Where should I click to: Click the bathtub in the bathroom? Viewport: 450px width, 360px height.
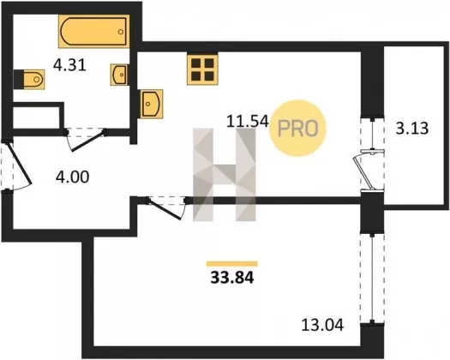pos(93,32)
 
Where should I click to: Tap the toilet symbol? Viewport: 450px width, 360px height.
pos(33,79)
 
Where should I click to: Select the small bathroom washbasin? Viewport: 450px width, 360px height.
pos(119,75)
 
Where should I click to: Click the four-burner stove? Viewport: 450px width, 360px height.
pos(202,69)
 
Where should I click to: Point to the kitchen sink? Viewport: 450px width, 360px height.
pos(152,104)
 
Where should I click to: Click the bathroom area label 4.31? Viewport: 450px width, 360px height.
pos(69,65)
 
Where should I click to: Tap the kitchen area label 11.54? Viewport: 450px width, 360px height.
pos(248,121)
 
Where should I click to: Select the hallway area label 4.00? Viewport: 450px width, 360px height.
pos(72,177)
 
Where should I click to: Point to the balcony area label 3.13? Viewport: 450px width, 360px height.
pos(412,129)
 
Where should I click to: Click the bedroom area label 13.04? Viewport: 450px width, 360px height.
pos(322,325)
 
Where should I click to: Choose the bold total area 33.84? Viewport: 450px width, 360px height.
pos(232,278)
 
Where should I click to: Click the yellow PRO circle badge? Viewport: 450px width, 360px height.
pos(298,128)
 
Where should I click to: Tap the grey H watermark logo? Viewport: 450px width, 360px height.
pos(224,175)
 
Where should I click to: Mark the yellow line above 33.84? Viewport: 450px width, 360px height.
pos(232,264)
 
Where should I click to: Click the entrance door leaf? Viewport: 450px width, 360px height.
pos(19,164)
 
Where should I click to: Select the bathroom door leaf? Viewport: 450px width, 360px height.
pos(88,141)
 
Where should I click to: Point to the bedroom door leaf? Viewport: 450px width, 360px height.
pos(165,209)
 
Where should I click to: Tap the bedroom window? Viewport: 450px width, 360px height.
pos(372,278)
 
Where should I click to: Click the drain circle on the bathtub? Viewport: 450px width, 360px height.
pos(121,32)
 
